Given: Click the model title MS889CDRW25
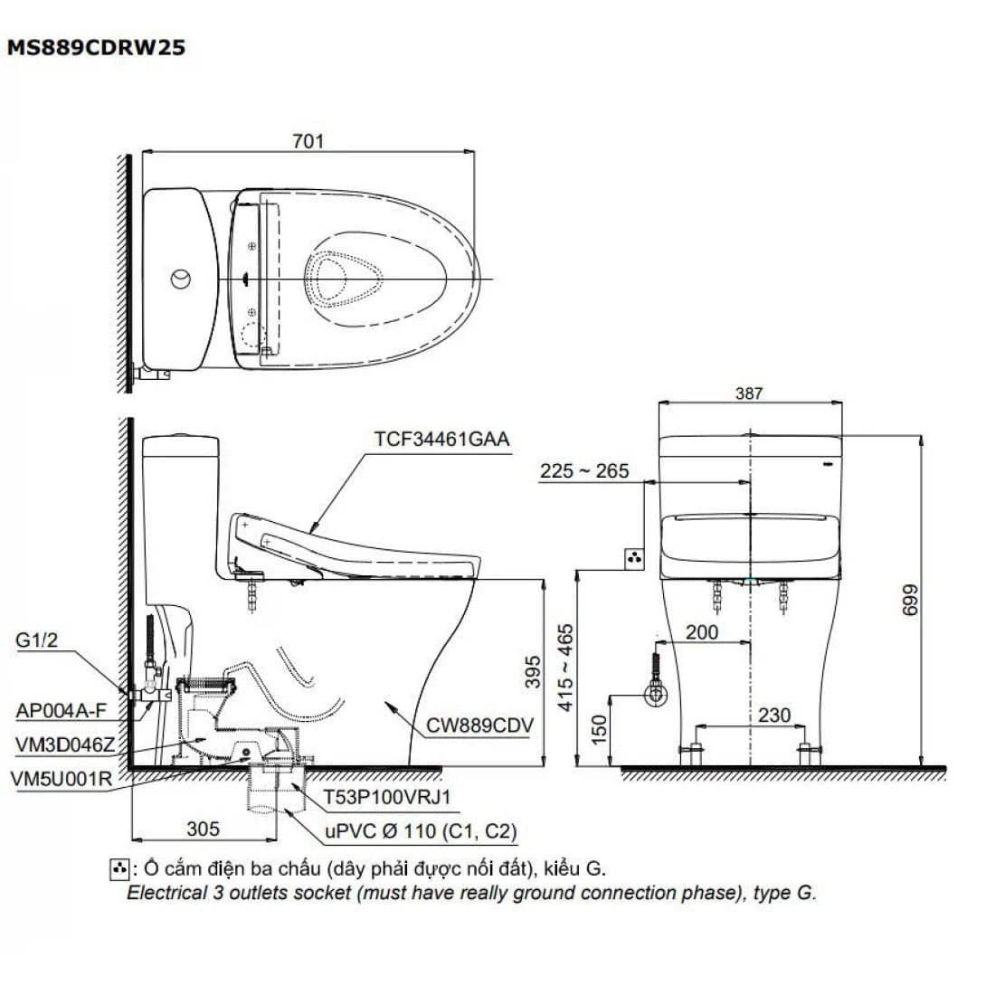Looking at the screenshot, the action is tap(96, 48).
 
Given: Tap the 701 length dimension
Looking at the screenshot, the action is tap(308, 141).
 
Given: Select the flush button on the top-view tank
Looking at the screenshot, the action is tap(181, 279).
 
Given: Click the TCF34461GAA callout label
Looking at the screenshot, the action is tap(441, 439).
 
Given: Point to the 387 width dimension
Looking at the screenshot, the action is tap(749, 393).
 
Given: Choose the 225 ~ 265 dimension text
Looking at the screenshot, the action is tap(584, 471).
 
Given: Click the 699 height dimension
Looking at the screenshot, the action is tap(910, 600).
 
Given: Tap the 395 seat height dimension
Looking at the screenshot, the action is tap(533, 671).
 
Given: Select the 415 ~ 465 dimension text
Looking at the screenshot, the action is tap(565, 668).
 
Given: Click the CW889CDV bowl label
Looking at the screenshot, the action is tap(479, 725).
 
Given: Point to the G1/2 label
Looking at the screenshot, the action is tap(36, 640).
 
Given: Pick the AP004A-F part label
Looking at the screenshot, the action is tap(62, 711).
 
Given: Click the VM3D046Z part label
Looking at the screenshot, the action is tap(65, 745).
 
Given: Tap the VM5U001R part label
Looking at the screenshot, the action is tap(62, 780).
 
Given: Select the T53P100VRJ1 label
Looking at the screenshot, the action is tap(387, 797).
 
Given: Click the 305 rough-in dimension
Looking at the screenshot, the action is tap(204, 829).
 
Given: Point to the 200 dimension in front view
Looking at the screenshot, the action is tap(702, 632).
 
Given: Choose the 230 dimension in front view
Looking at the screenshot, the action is tap(774, 715).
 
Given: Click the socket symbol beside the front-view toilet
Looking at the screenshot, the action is tap(634, 558).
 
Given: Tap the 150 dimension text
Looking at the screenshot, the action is tap(599, 729).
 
